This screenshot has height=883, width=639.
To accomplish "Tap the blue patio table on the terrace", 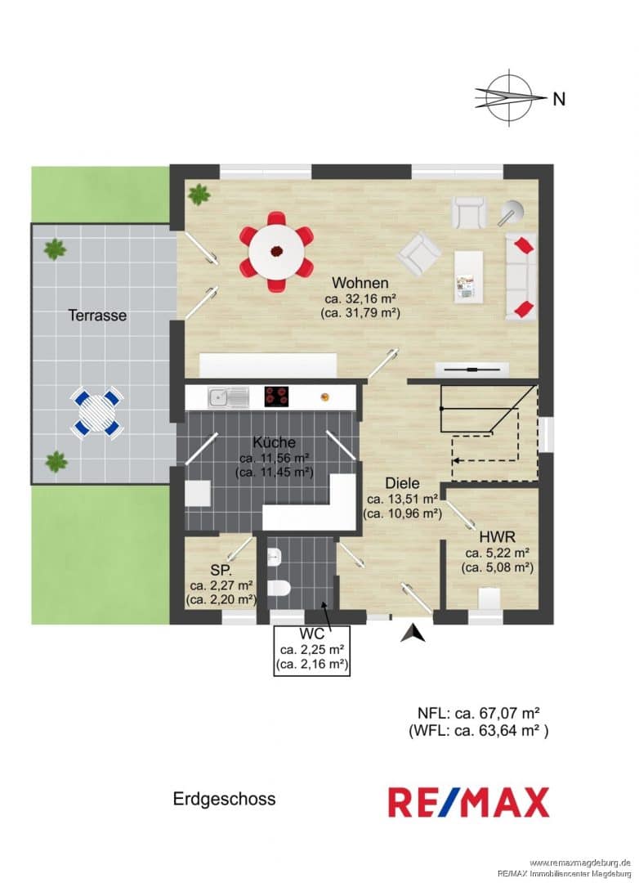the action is click(97, 413).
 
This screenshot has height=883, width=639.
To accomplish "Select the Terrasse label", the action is click(97, 316).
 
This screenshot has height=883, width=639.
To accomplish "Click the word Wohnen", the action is click(360, 282).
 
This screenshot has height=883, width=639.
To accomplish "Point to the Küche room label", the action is click(275, 442).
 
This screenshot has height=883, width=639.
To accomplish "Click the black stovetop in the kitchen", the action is click(276, 397).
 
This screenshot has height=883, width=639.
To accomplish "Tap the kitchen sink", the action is click(228, 397).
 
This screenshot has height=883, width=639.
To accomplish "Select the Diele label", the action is click(402, 483).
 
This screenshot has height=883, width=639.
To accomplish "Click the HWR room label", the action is click(497, 536).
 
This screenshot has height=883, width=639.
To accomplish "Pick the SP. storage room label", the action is click(221, 570).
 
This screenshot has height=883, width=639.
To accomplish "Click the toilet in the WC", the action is click(279, 588).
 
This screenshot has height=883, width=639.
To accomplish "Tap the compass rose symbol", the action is click(510, 96).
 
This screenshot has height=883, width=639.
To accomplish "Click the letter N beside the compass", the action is click(558, 99).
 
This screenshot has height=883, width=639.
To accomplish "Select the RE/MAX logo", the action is click(468, 802).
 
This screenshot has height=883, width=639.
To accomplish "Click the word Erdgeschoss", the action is click(224, 799).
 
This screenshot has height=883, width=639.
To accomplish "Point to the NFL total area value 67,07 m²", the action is click(498, 713).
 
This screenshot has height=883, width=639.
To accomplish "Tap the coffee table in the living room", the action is click(468, 277).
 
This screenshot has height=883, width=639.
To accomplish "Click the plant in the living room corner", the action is click(199, 195).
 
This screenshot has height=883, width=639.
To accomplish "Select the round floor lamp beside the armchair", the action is click(512, 213).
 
